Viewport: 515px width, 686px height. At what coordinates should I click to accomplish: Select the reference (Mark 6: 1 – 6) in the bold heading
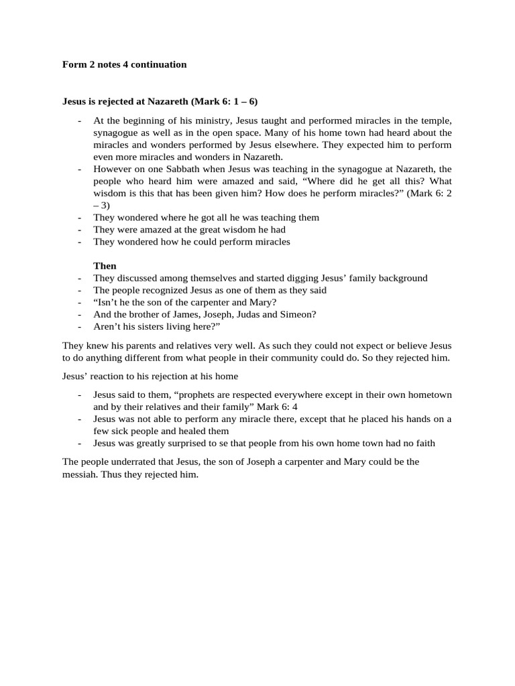point(225,102)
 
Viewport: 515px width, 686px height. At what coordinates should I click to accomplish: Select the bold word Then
point(105,265)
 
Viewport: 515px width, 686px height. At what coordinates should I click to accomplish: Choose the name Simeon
point(294,314)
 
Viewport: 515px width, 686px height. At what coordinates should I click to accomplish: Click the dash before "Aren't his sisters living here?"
point(80,326)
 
